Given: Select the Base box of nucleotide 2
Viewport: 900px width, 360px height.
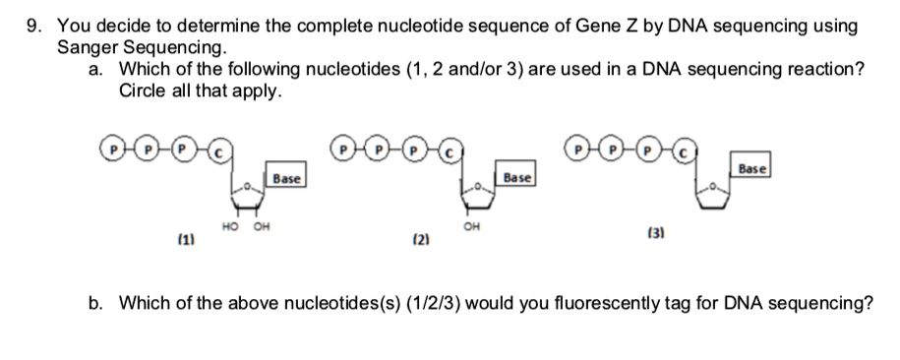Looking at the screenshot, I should tap(516, 178).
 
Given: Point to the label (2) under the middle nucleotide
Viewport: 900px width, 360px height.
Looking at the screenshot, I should tap(417, 239).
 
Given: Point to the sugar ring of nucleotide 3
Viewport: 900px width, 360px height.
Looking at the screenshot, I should tap(715, 197).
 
